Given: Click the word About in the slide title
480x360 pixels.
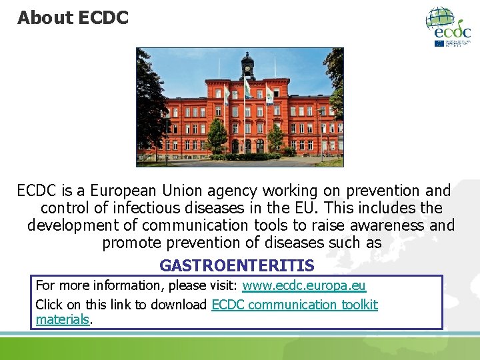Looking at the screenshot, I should click(x=45, y=18).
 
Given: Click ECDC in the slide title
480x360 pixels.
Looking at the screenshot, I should click(x=103, y=18).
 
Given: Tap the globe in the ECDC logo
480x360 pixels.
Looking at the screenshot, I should click(x=441, y=19).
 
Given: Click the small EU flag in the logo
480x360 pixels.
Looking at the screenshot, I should click(x=439, y=43).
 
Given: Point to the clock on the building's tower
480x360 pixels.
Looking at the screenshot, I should click(x=248, y=67).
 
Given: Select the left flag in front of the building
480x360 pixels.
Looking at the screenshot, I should click(x=227, y=95).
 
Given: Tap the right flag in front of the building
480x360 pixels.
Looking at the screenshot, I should click(x=269, y=95).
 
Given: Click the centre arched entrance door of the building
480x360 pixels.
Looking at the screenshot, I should click(x=247, y=146).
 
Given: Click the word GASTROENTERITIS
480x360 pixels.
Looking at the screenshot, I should click(x=237, y=266).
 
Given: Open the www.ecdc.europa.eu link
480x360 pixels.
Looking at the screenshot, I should click(x=304, y=286).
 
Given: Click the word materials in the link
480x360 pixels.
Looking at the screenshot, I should click(x=62, y=319).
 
